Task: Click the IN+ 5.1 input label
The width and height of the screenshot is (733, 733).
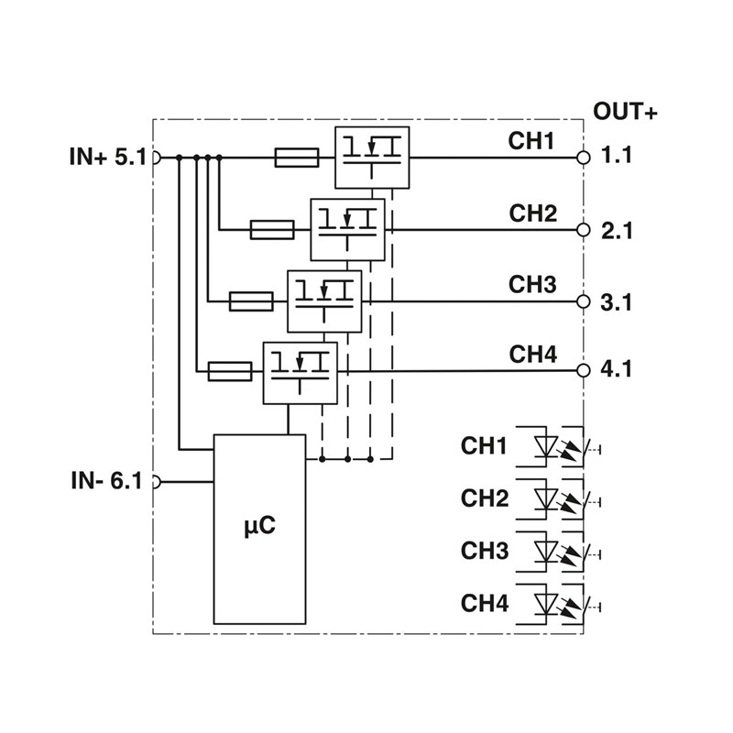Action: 106,157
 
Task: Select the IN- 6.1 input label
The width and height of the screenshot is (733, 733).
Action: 106,480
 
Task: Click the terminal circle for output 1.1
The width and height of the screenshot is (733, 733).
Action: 583,157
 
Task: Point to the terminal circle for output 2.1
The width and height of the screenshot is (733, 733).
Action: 583,230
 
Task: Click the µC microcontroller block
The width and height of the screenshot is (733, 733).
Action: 259,529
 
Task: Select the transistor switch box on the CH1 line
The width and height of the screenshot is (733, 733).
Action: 371,157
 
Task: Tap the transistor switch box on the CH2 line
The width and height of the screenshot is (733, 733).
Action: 347,229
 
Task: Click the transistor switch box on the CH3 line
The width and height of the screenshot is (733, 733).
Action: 324,301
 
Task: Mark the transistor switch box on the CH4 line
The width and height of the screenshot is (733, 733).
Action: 300,372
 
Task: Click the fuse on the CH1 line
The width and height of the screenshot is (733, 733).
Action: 296,158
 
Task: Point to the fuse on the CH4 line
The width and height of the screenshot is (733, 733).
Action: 230,371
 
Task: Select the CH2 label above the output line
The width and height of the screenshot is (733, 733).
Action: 533,214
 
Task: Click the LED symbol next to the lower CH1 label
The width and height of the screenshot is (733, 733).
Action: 547,446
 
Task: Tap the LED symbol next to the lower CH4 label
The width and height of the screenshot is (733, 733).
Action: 547,603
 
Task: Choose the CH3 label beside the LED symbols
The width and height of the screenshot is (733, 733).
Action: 485,551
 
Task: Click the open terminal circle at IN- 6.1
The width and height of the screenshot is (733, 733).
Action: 155,481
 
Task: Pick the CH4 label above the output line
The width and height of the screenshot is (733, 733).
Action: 533,355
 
